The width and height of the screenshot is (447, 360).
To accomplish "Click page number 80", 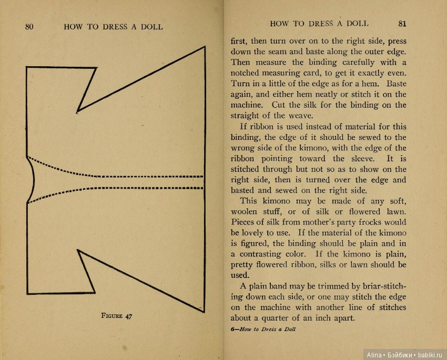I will tap(29, 27).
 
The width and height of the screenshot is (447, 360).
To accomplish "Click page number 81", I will tap(402, 24).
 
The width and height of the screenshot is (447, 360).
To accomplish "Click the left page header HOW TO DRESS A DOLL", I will tap(113, 27).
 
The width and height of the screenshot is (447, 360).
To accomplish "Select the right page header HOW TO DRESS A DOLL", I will tap(319, 24).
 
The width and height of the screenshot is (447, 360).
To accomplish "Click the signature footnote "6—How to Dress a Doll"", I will tap(263, 330).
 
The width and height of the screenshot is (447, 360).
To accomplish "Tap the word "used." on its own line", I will tap(240, 275).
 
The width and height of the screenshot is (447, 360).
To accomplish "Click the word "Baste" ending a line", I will tap(395, 84).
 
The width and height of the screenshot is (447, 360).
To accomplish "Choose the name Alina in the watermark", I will tap(375, 355).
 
